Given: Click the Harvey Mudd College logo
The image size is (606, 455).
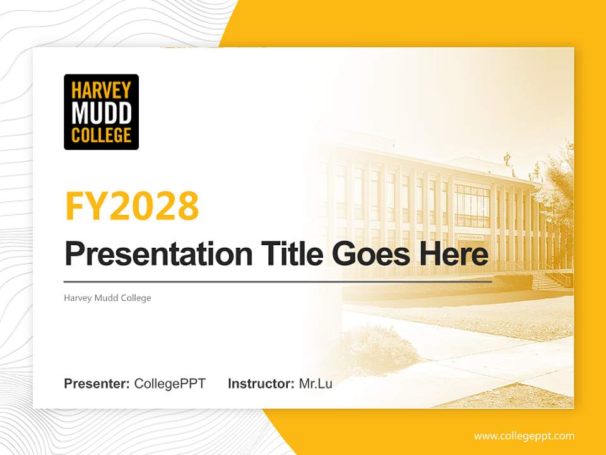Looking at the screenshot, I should (101, 112).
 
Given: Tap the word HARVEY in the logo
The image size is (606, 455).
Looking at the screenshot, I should (101, 90).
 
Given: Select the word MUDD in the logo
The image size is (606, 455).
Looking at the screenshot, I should (101, 112).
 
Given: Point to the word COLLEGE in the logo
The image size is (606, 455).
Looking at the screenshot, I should (101, 135).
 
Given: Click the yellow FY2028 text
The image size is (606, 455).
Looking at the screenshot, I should (132, 206).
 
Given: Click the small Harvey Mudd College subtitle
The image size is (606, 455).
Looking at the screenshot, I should (107, 298).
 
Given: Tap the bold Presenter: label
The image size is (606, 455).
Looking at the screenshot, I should (97, 384).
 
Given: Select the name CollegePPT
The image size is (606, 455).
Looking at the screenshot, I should (170, 384).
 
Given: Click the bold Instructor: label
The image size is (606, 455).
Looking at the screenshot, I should (261, 384).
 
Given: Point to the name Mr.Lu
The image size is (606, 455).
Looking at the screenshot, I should (316, 384).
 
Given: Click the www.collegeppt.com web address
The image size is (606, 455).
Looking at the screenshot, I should (524, 436).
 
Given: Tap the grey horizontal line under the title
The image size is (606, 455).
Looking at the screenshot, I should (278, 281).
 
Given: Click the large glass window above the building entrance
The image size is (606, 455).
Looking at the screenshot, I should (472, 206).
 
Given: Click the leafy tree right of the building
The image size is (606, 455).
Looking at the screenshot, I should (558, 183).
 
